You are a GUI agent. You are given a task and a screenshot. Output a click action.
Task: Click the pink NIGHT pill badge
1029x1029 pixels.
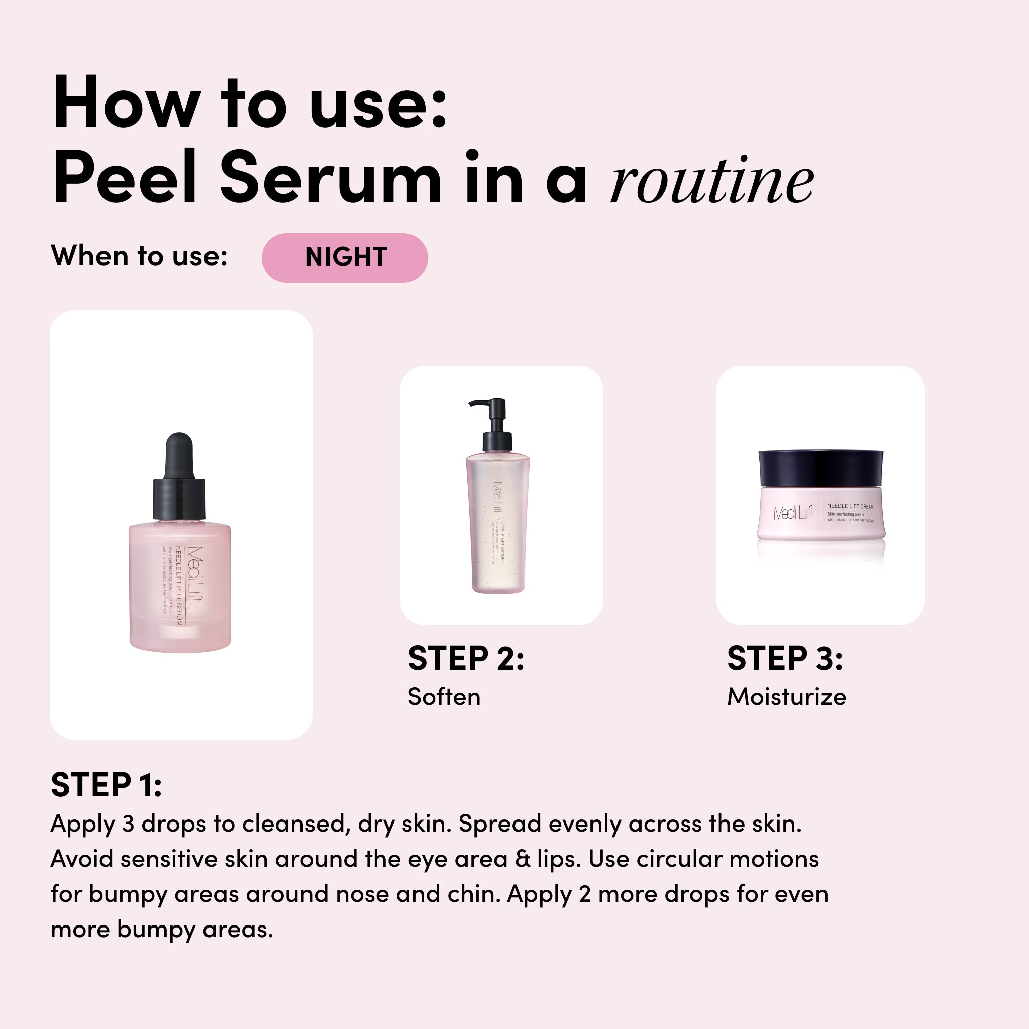345,258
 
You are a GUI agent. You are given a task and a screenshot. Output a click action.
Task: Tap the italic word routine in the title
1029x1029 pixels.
711,181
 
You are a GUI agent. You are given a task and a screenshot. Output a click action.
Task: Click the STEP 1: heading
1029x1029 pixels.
106,785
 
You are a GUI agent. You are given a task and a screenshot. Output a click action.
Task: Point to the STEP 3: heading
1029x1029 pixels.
784,658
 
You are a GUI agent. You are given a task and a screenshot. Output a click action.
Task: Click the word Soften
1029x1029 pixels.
444,697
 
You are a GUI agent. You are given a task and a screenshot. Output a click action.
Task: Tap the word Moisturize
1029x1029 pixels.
787,697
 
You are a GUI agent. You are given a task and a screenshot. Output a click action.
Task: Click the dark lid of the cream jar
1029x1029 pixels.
820,468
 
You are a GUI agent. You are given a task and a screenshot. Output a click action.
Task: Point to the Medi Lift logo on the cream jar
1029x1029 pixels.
793,513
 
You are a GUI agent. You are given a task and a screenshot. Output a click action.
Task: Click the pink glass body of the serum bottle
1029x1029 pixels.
180,586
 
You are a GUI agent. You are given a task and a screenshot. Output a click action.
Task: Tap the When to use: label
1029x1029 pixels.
139,256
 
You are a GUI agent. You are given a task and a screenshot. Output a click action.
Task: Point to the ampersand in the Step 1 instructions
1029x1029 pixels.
523,859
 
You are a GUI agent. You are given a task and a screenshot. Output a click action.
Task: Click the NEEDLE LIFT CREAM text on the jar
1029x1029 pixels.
850,506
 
